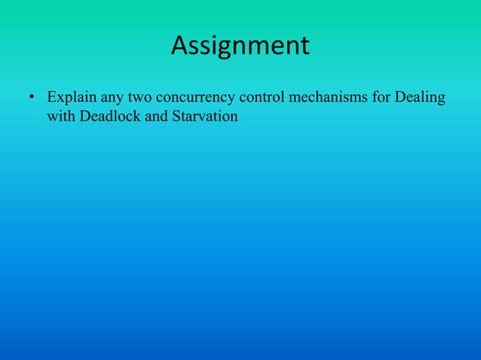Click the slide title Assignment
tap(240, 46)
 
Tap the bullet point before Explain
tap(32, 99)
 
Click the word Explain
tap(70, 99)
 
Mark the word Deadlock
tap(108, 117)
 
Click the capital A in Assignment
tap(179, 46)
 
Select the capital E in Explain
tap(51, 99)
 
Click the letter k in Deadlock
tap(135, 117)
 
